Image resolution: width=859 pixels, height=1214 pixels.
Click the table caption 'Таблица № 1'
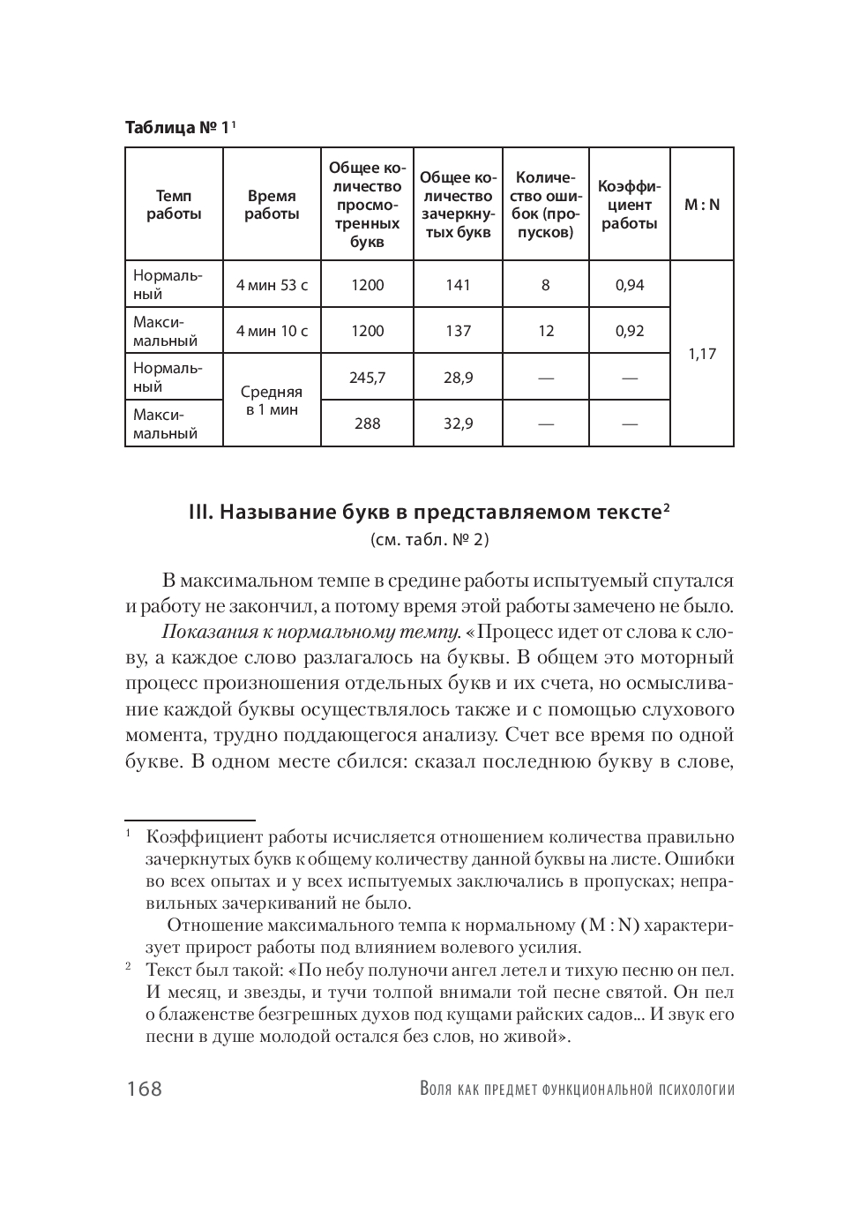pyautogui.click(x=177, y=127)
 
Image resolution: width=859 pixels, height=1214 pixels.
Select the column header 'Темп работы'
pyautogui.click(x=174, y=205)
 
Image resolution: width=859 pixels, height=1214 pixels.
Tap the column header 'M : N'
pyautogui.click(x=702, y=205)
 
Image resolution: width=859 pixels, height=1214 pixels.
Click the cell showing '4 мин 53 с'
pyautogui.click(x=272, y=285)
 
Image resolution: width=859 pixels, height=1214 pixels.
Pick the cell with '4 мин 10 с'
pyautogui.click(x=272, y=332)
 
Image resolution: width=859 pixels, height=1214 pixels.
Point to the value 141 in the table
pyautogui.click(x=458, y=285)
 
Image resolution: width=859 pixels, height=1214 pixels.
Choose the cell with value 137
pyautogui.click(x=458, y=332)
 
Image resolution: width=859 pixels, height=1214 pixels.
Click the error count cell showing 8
pyautogui.click(x=546, y=285)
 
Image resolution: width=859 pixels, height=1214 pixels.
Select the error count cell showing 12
pyautogui.click(x=546, y=332)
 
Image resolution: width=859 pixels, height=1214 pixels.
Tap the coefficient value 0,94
pyautogui.click(x=630, y=285)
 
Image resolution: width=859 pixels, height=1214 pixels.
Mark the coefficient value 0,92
pyautogui.click(x=630, y=332)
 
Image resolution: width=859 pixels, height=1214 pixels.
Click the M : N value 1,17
pyautogui.click(x=702, y=354)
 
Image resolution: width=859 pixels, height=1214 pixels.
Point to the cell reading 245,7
pyautogui.click(x=367, y=378)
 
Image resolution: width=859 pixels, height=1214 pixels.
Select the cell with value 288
pyautogui.click(x=367, y=423)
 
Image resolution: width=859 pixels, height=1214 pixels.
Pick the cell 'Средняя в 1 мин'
pyautogui.click(x=272, y=401)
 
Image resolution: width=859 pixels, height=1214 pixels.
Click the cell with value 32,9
pyautogui.click(x=458, y=423)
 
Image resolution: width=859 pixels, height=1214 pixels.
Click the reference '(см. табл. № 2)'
pyautogui.click(x=429, y=539)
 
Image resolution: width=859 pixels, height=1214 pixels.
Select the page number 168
pyautogui.click(x=144, y=1089)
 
